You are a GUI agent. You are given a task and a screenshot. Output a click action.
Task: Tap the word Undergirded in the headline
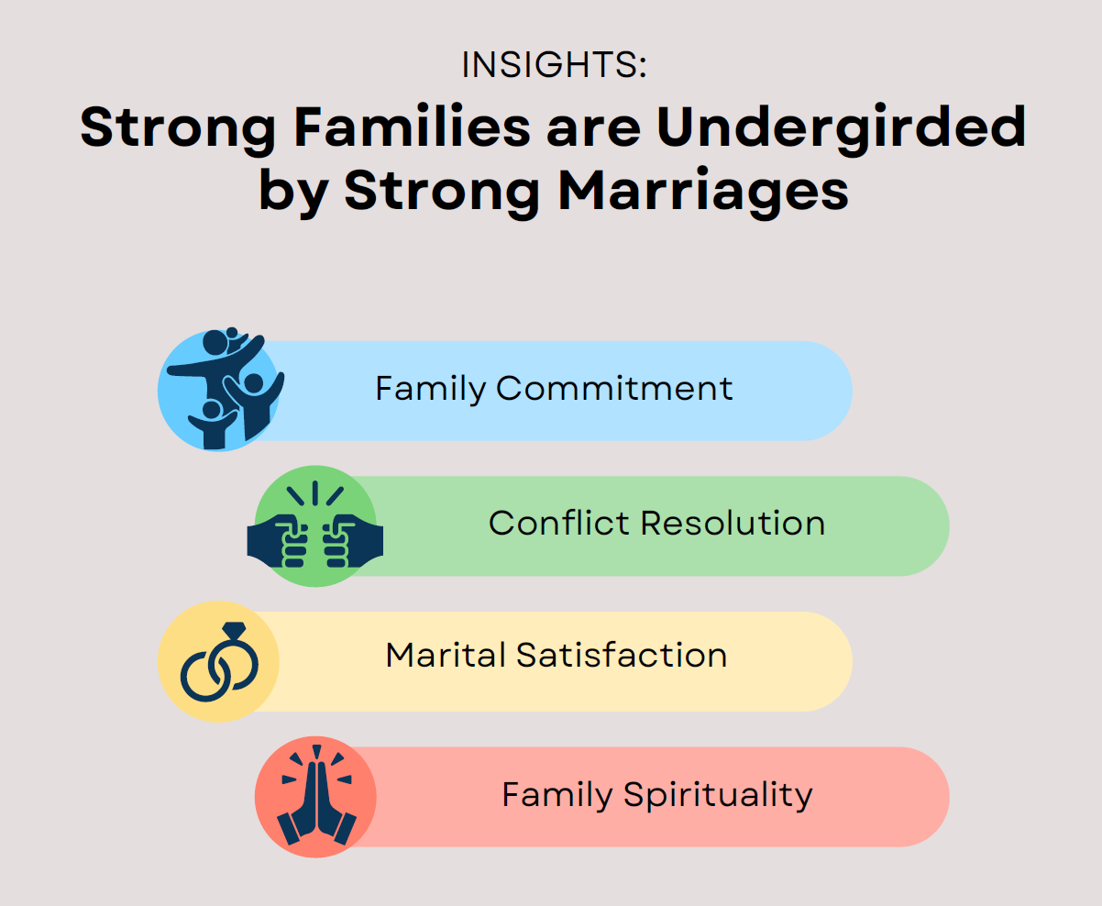842,128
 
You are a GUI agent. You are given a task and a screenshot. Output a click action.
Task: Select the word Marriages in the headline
703,192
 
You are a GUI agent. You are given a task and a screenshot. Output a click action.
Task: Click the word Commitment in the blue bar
614,389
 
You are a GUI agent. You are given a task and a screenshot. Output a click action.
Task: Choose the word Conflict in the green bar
559,523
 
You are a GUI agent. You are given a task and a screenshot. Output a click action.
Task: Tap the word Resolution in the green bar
733,523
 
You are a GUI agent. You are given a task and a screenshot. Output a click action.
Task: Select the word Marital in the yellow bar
446,655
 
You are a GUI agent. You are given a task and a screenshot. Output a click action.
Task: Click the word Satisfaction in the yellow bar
622,655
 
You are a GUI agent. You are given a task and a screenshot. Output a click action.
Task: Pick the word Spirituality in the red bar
719,796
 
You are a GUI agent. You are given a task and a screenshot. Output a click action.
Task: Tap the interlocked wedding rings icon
219,661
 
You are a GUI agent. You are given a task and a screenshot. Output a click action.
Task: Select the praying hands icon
316,795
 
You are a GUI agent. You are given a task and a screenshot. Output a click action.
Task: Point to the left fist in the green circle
277,542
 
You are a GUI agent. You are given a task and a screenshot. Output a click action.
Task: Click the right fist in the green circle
353,542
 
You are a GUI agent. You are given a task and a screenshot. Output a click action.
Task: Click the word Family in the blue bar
431,390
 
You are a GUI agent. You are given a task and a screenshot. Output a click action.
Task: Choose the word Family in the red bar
557,796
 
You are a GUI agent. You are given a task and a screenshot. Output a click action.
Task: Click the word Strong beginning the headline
178,129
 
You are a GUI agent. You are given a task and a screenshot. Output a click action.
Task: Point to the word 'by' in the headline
294,192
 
